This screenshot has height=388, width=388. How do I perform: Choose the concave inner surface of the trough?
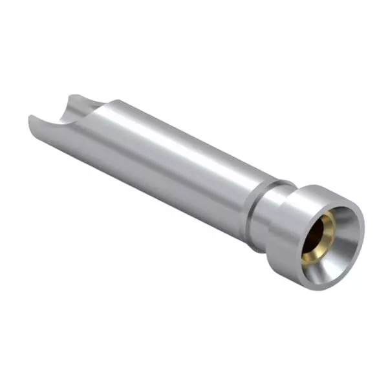(61, 116)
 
